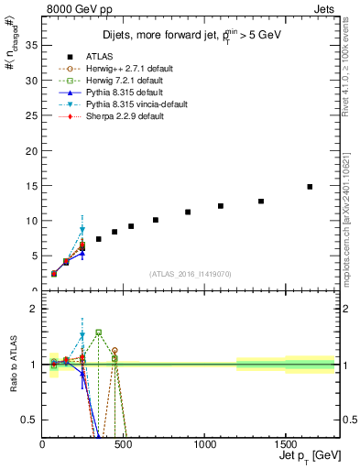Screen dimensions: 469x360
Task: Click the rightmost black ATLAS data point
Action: (310, 187)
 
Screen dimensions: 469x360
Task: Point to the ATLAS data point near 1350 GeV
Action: (261, 202)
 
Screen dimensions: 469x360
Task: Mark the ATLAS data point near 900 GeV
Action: (188, 212)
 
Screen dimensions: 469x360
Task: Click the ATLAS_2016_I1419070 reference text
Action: (189, 274)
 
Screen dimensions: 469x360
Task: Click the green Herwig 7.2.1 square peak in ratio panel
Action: (98, 333)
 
